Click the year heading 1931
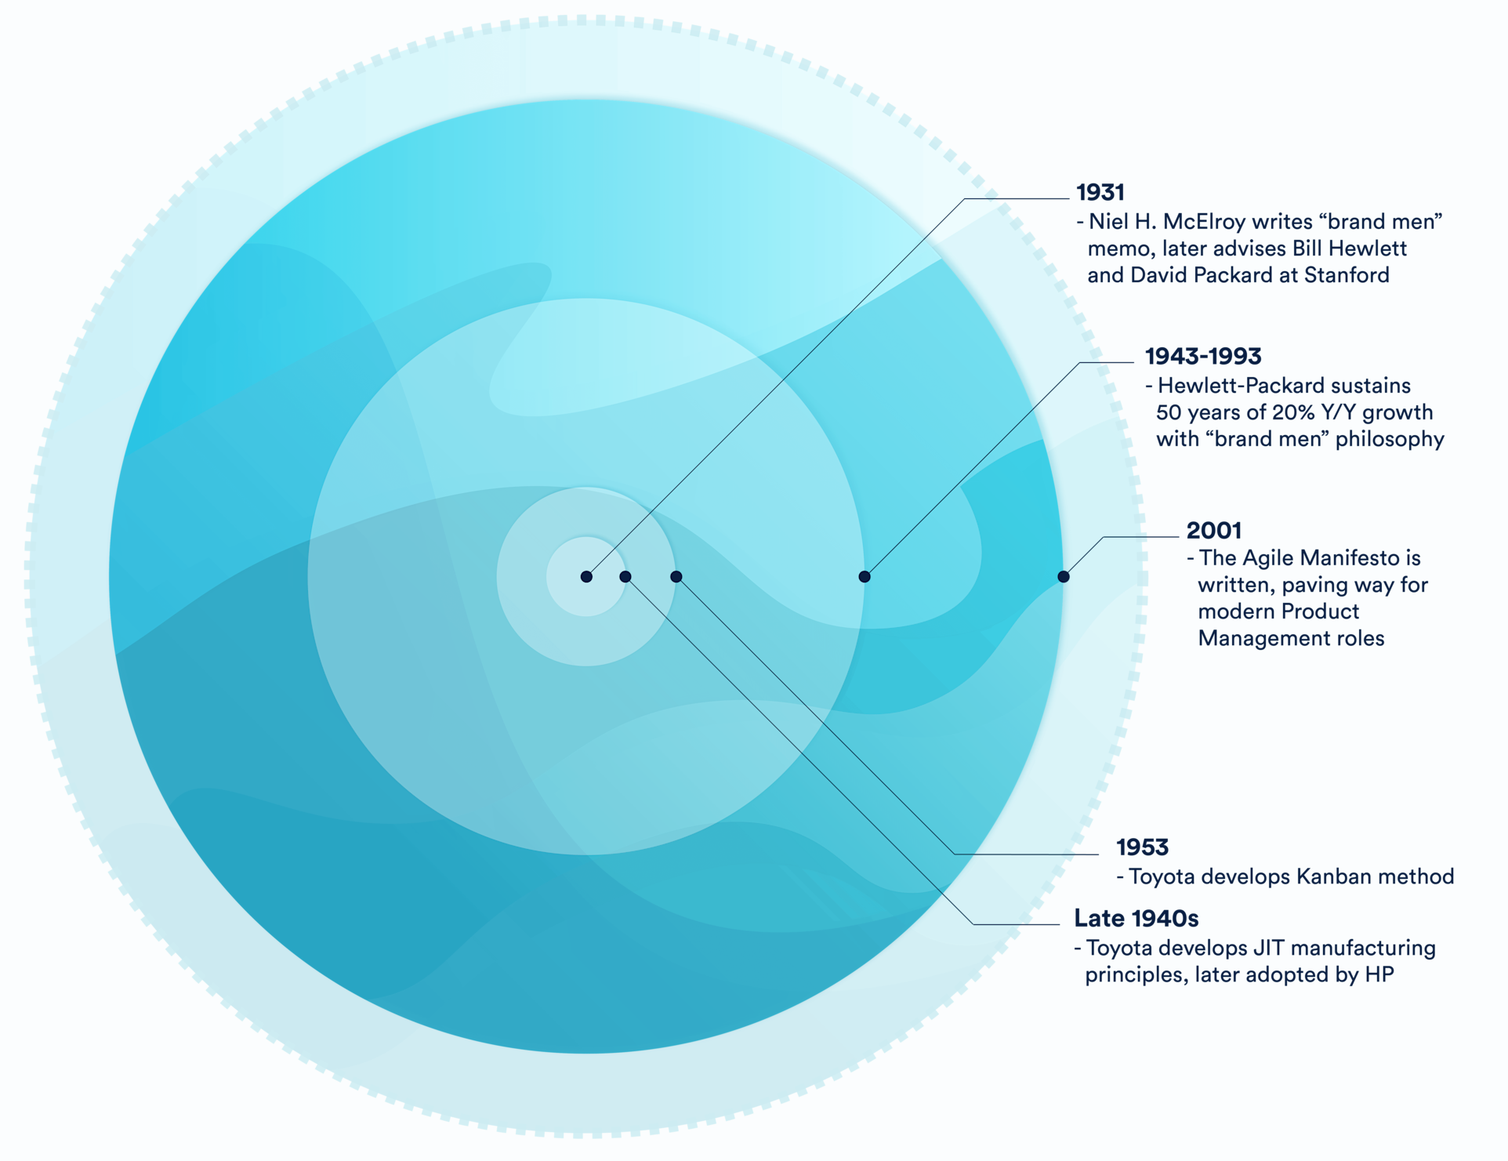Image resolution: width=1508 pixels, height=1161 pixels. point(1100,192)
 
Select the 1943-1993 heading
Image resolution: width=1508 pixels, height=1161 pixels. point(1203,357)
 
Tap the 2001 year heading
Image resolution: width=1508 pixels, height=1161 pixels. point(1214,531)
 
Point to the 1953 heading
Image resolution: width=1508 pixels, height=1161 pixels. point(1142,847)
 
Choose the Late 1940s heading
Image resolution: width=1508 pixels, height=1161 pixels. point(1136,918)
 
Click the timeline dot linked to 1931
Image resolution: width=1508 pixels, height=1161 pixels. point(586,577)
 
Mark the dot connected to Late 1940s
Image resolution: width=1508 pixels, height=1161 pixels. point(625,577)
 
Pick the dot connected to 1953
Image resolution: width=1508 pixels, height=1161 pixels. point(676,577)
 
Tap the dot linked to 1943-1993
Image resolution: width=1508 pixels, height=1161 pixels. point(865,577)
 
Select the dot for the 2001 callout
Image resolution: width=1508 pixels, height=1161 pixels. point(1064,577)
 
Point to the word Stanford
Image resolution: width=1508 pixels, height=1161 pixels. point(1347,275)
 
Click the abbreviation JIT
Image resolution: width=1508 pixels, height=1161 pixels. point(1269,948)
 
